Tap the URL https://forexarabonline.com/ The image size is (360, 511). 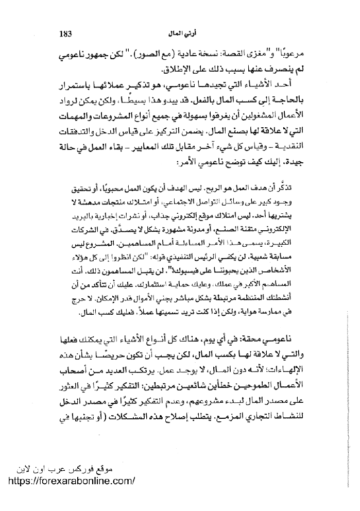[x=73, y=480]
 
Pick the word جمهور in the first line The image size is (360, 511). [x=291, y=54]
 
